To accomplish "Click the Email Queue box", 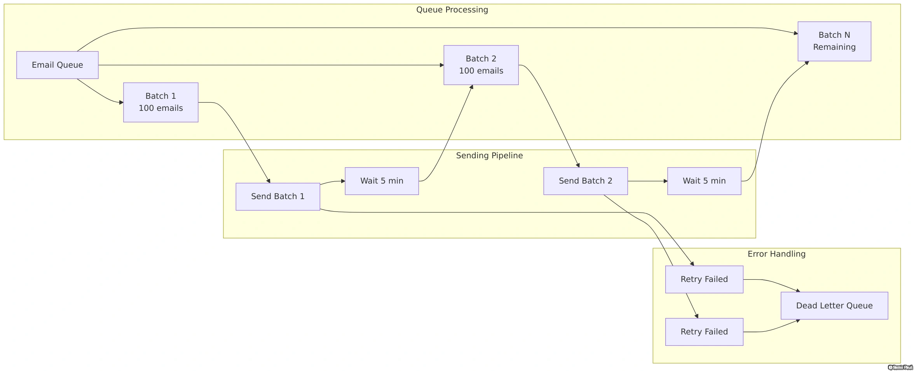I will point(57,65).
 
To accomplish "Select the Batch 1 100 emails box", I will point(160,102).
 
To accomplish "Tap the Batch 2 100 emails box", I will point(481,65).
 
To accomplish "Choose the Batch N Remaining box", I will point(834,41).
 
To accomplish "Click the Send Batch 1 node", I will point(277,196).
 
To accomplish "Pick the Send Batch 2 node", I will point(585,181).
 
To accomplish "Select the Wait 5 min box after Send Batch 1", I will point(382,181).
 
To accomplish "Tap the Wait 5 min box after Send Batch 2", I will point(704,181).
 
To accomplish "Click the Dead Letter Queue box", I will point(834,306).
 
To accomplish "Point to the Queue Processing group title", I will point(452,10).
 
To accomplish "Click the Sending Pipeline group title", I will point(489,156).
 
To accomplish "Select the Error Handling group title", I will point(776,254).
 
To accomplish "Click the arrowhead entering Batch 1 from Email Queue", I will point(121,102).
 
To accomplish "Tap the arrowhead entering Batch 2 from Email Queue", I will point(442,65).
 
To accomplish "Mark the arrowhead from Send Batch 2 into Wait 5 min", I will point(665,181).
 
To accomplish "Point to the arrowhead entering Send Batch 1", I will point(269,181).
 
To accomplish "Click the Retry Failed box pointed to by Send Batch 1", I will point(704,279).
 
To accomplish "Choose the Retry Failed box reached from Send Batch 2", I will point(704,332).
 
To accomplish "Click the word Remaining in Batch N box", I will point(834,47).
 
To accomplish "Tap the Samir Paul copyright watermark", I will point(900,367).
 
